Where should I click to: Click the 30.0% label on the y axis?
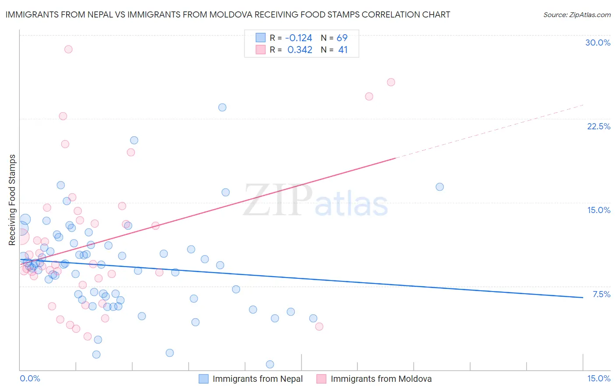click(598, 43)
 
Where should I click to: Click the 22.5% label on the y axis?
click(598, 126)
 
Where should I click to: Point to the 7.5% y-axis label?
click(601, 294)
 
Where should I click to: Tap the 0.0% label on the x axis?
click(30, 378)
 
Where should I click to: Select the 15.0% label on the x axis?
click(598, 378)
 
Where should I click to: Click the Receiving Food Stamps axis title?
click(12, 200)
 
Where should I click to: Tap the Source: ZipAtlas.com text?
click(577, 14)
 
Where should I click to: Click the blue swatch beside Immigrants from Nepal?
click(204, 379)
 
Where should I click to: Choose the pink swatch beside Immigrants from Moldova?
click(322, 379)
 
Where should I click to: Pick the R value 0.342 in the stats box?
click(300, 50)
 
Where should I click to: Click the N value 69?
click(342, 38)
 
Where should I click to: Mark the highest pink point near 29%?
click(68, 49)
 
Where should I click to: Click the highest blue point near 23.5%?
click(223, 107)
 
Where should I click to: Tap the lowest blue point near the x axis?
click(270, 364)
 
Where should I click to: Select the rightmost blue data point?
click(440, 187)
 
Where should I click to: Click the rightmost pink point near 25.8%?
click(391, 82)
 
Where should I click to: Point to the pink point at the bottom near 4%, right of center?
click(319, 326)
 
